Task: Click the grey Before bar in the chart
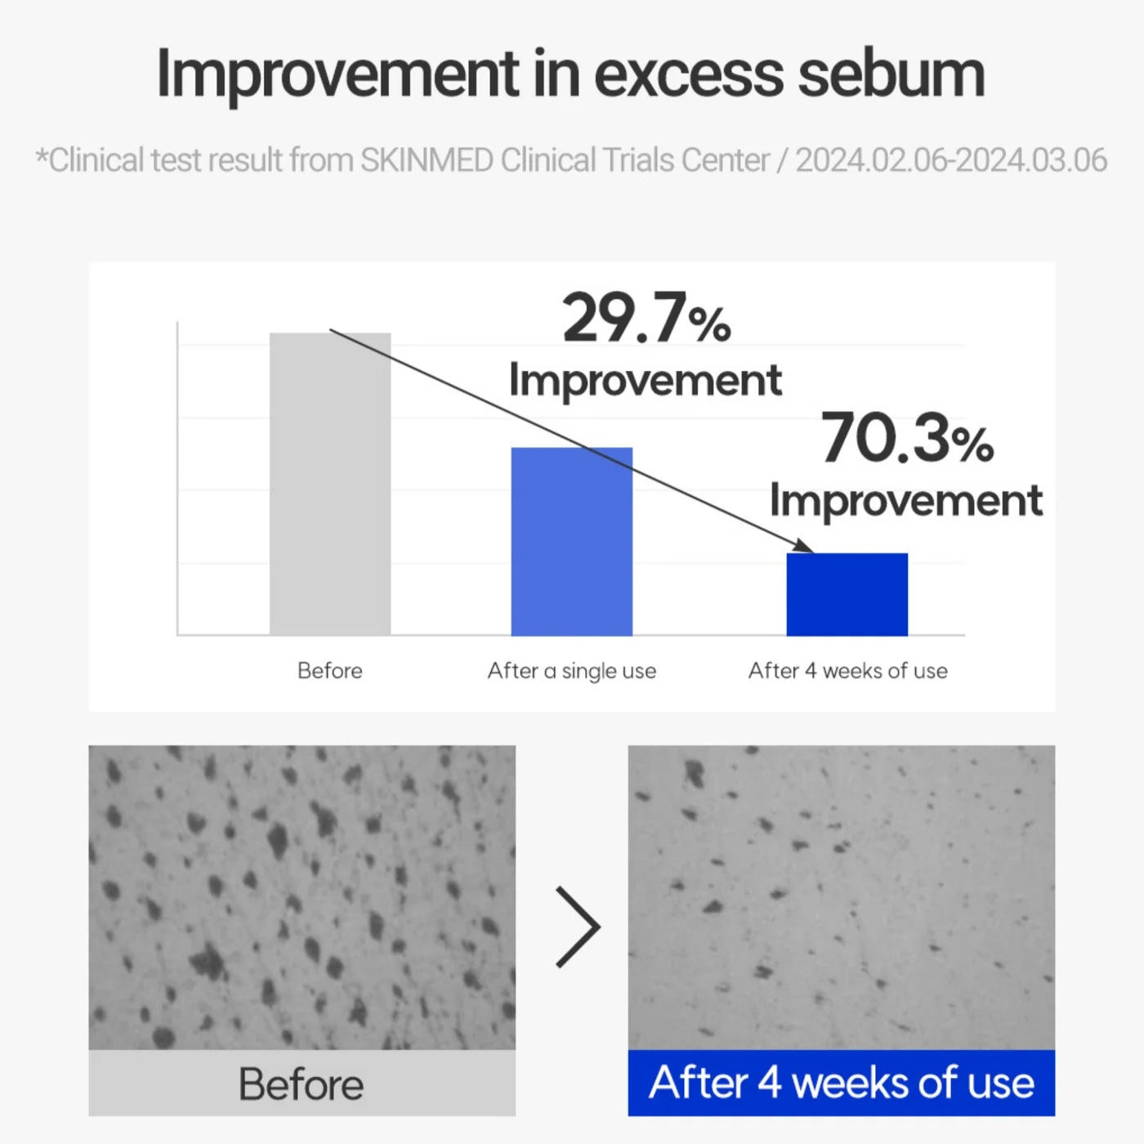pos(330,484)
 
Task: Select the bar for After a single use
pos(572,542)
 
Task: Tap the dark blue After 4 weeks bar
pos(847,594)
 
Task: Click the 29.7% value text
pos(646,318)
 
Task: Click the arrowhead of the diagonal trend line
pos(807,546)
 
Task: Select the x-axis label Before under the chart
pos(329,671)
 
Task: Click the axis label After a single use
pos(572,672)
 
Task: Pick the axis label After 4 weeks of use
pos(847,671)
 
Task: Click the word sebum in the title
pos(892,74)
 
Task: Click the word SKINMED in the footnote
pos(427,160)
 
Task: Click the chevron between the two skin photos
pos(578,927)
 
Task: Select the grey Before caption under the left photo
pos(302,1084)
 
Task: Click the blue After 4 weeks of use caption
pos(841,1083)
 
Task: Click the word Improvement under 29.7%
pos(646,381)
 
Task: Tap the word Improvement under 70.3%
pos(906,501)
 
